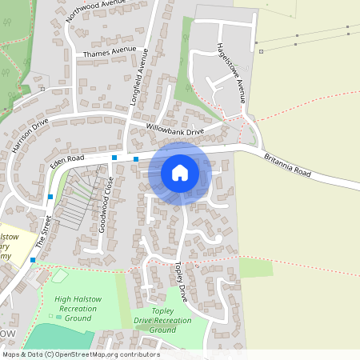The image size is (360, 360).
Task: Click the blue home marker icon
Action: pyautogui.click(x=180, y=172)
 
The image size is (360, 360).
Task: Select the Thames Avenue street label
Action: pyautogui.click(x=111, y=53)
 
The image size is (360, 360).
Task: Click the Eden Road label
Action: pyautogui.click(x=67, y=160)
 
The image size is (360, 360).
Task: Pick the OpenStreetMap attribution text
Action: pyautogui.click(x=80, y=354)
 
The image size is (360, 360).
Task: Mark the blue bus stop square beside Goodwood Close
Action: pyautogui.click(x=136, y=159)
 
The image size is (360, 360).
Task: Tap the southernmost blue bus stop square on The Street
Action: pyautogui.click(x=33, y=259)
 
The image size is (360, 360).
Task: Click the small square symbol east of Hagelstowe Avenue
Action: pyautogui.click(x=261, y=51)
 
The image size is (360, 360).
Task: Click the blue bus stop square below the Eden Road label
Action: pyautogui.click(x=114, y=158)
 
